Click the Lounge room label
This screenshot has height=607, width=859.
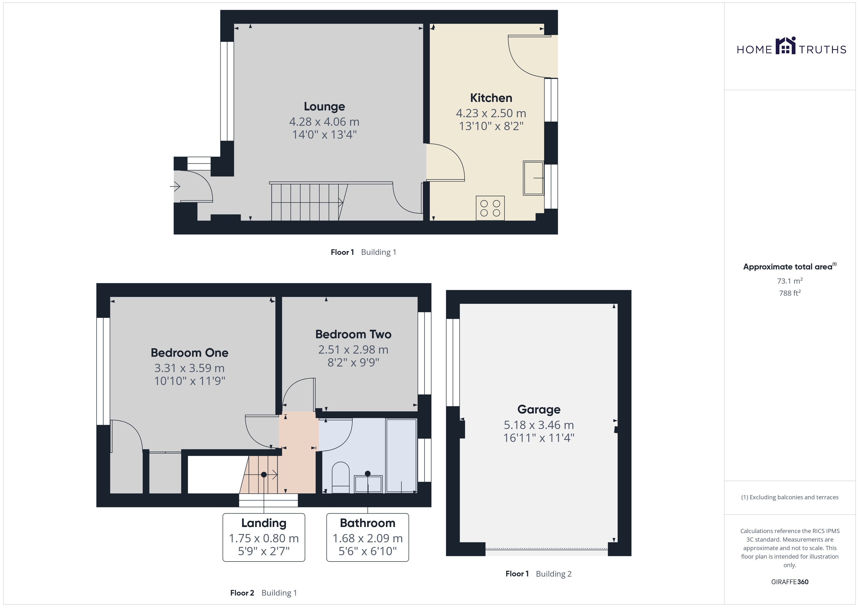(x=324, y=107)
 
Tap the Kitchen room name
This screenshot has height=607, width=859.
(x=491, y=98)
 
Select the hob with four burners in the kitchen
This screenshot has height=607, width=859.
(x=490, y=208)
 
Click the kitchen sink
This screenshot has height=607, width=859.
(x=533, y=178)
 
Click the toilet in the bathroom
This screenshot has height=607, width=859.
(x=340, y=478)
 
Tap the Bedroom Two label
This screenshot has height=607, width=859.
(x=353, y=334)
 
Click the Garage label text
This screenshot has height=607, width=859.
(x=539, y=410)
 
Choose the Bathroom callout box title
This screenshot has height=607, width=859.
(x=367, y=523)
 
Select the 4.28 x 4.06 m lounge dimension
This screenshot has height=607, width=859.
(x=324, y=122)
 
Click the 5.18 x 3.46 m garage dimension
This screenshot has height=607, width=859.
(x=539, y=425)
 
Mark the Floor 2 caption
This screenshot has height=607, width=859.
(x=242, y=593)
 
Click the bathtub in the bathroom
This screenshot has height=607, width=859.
(x=401, y=456)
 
